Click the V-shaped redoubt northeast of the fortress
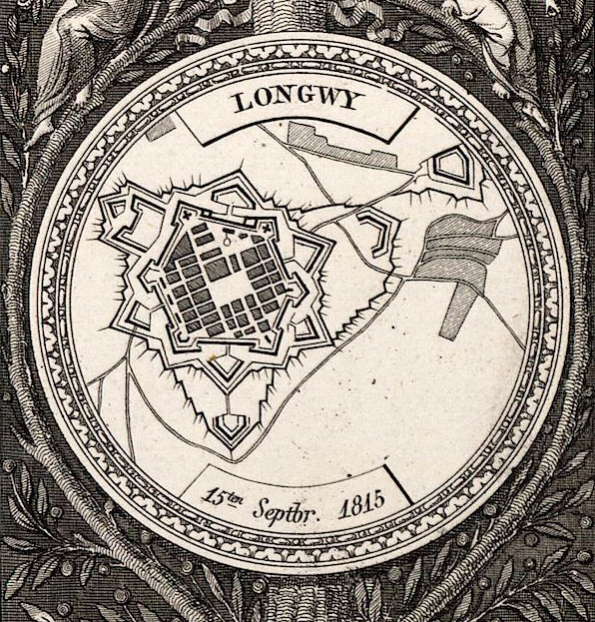(378, 229)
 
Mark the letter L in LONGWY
(239, 101)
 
